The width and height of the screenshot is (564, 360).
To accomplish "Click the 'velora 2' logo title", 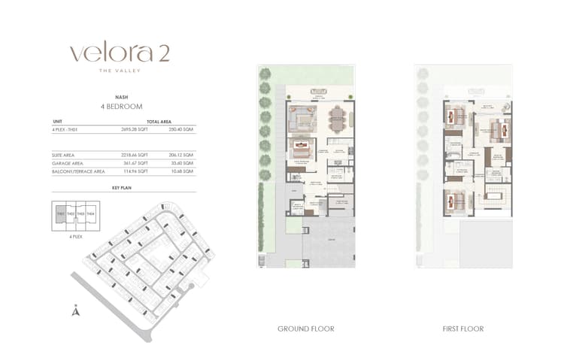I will coord(120,53).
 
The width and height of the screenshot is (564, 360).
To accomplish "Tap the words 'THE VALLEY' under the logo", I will coord(120,71).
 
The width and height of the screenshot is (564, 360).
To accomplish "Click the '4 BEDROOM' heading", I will coord(121,107).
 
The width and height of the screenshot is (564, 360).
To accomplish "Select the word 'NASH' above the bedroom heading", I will coord(121,98).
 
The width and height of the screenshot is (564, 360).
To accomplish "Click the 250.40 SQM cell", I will coord(182,129).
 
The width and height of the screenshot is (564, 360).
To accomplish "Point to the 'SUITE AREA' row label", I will coord(63,155).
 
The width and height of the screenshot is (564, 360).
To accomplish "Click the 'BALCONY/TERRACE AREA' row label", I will coord(78,171).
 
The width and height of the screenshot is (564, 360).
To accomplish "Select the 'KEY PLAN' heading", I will coord(121,188).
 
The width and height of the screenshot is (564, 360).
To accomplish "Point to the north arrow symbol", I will coord(75,310).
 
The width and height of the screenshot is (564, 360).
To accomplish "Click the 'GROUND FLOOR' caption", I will coord(306,328).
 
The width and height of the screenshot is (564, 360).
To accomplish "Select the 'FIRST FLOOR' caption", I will coord(462,328).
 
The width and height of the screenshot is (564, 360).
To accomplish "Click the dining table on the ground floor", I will coord(336,118).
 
